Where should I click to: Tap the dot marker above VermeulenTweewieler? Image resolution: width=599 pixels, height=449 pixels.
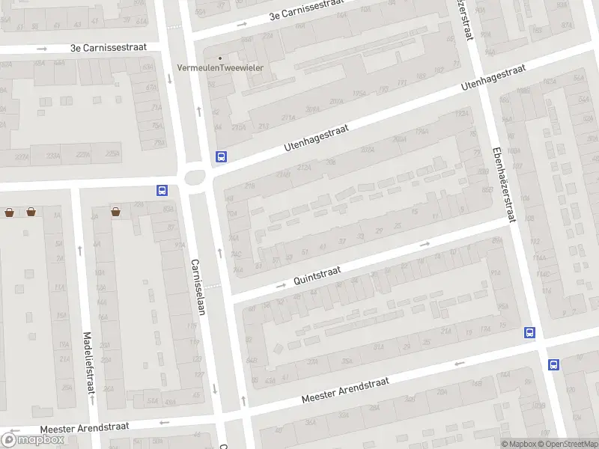tap(220, 58)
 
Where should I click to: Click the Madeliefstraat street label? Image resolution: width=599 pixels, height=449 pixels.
tap(88, 363)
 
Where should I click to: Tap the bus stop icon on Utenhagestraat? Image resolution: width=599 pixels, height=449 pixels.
tap(221, 157)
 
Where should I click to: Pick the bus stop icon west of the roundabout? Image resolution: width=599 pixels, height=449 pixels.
tap(162, 191)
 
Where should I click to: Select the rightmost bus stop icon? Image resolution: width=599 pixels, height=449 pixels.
tap(553, 365)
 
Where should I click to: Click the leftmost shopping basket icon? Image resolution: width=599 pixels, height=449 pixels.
tap(9, 213)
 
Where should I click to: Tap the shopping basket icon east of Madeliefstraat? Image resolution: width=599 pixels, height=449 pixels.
tap(116, 212)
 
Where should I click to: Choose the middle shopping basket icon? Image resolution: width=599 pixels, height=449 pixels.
tap(31, 213)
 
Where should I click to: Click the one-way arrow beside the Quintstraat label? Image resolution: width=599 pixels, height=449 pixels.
tap(282, 285)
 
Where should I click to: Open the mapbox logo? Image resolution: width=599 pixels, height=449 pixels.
tap(33, 439)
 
